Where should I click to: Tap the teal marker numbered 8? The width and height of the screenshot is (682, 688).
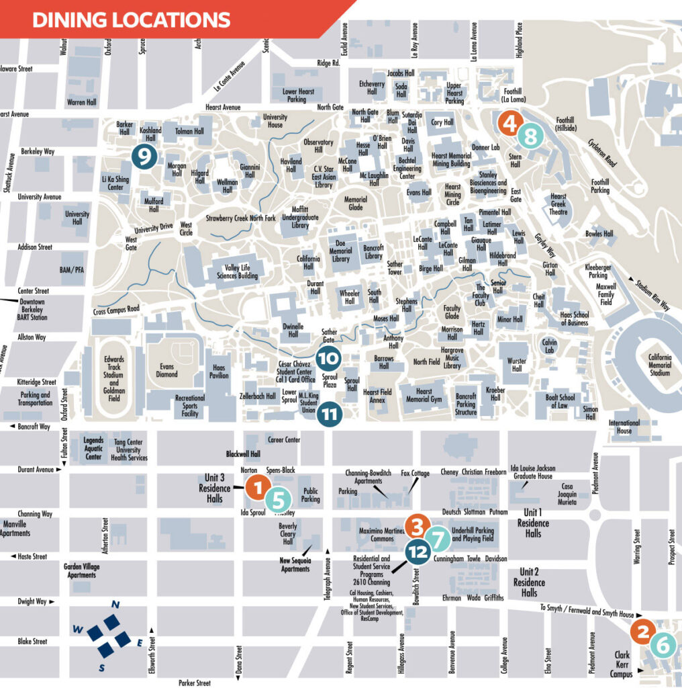coord(530,138)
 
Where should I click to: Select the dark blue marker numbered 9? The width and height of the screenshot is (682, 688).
coord(144,156)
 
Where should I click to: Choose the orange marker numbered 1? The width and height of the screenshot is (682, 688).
coord(257,486)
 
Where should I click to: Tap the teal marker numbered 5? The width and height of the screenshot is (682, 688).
coord(279,499)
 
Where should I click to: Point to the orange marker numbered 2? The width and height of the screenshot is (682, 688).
coord(642,631)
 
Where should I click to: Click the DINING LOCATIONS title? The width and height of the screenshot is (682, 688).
coord(131,19)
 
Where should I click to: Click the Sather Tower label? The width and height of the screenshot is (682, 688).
coord(395,268)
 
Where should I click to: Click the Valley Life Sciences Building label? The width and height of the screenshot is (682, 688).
coord(237,270)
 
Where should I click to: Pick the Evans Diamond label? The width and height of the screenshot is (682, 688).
coord(167,370)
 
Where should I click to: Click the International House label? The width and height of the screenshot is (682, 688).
coord(624,427)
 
